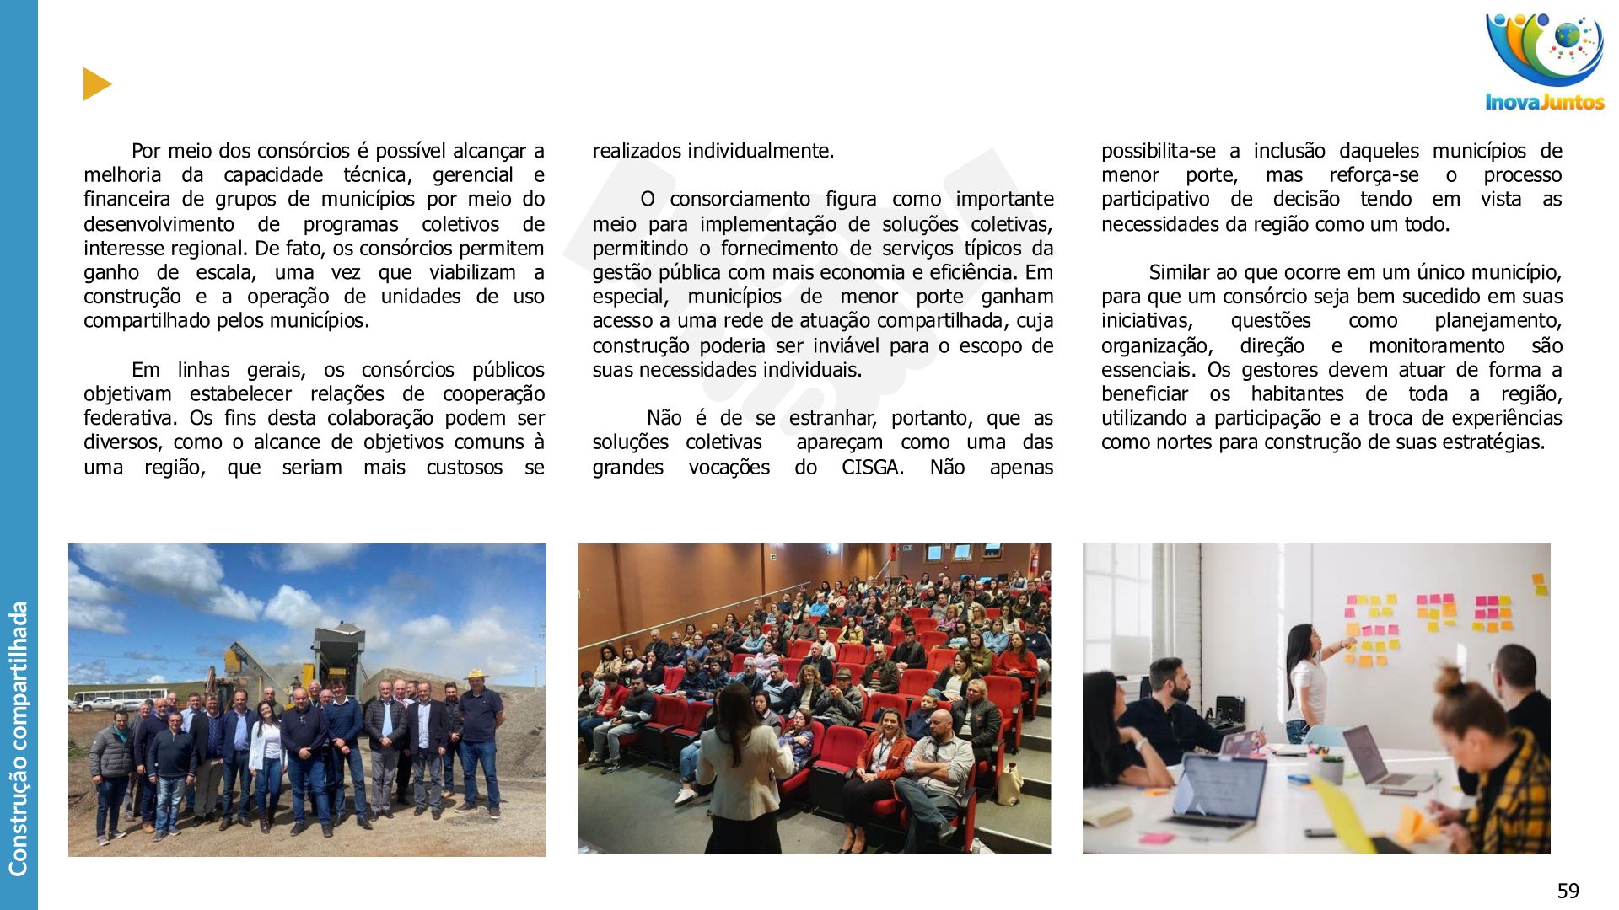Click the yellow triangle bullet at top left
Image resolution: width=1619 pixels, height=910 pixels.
[x=97, y=84]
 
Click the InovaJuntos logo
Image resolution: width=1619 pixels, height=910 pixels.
[x=1545, y=61]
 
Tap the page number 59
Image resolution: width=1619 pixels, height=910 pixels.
[x=1568, y=891]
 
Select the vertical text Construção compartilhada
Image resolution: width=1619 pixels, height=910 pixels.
[x=18, y=738]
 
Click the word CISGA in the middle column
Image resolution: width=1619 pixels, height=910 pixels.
[x=872, y=468]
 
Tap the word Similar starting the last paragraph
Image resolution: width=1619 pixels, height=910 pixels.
[x=1180, y=273]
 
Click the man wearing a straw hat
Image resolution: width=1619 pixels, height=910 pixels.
[x=479, y=725]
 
